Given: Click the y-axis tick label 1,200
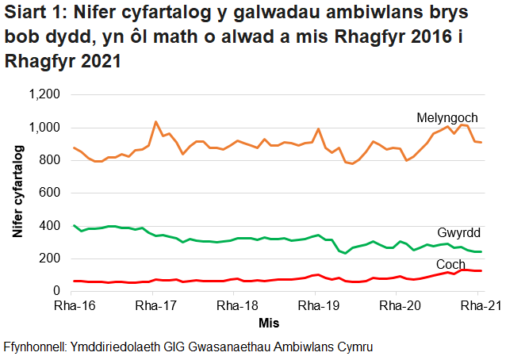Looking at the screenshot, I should tap(44, 95).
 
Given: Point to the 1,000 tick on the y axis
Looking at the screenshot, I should tap(44, 128).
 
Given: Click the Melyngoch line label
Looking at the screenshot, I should tap(447, 117).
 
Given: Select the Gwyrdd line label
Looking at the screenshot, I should tap(459, 232).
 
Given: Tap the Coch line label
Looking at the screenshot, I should tap(450, 263).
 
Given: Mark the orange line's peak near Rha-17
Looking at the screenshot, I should tap(155, 122).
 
